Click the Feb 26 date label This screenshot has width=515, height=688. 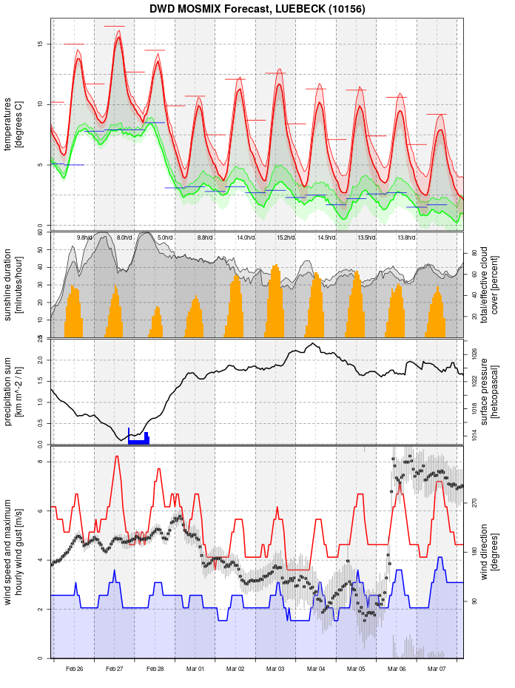click(74, 669)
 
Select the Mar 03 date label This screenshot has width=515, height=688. click(276, 669)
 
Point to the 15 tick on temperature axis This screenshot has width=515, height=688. click(39, 44)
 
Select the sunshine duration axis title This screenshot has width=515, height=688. click(14, 285)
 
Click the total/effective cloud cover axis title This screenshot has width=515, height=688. click(490, 285)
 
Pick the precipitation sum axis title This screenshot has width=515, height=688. click(14, 391)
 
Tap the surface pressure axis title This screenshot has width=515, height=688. click(490, 391)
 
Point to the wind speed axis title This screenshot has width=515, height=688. click(14, 551)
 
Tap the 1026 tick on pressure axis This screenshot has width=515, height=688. click(474, 354)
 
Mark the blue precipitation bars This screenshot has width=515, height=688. click(139, 439)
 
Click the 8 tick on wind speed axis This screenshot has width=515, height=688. click(39, 462)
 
